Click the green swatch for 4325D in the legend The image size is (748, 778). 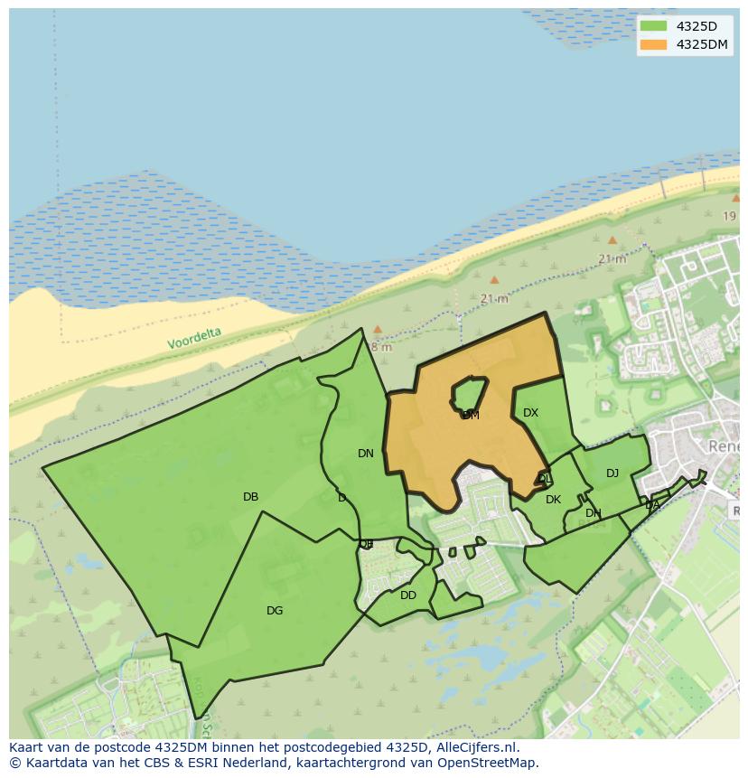point(653,26)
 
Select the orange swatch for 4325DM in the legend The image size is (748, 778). point(653,44)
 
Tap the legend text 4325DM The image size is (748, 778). point(702,44)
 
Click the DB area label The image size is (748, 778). point(250,497)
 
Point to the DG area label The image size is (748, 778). point(275,611)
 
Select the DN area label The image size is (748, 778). point(365,454)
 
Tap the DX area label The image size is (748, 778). point(530,413)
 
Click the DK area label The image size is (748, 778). point(553,500)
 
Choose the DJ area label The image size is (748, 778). point(612,473)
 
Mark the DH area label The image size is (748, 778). point(593,513)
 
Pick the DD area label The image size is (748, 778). point(408,595)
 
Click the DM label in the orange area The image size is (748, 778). point(471,416)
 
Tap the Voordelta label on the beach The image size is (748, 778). point(194,339)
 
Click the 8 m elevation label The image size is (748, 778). point(381,347)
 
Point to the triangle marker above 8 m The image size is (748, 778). point(378,330)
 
